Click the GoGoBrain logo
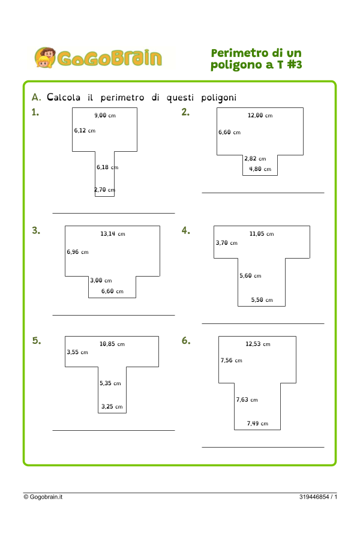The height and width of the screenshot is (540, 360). [x=98, y=58]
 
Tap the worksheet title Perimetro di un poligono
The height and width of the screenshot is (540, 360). [x=256, y=59]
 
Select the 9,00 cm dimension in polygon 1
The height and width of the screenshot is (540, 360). [x=105, y=115]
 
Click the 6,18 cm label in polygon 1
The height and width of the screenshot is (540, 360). [x=107, y=168]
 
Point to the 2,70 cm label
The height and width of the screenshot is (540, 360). [x=104, y=190]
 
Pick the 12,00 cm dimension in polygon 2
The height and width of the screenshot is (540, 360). [x=260, y=115]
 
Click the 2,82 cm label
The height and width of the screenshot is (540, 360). [x=255, y=159]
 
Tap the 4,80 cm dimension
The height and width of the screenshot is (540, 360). [x=260, y=169]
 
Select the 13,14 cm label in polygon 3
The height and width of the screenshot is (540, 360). [x=113, y=233]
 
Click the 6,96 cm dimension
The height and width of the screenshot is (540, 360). [x=77, y=252]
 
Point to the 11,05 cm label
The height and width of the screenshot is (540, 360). [x=262, y=233]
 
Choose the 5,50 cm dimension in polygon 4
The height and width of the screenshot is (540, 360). [x=262, y=299]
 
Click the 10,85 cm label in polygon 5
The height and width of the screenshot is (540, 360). [x=112, y=344]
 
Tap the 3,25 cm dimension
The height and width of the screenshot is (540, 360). [x=112, y=406]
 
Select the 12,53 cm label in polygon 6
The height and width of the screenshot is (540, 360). [x=258, y=344]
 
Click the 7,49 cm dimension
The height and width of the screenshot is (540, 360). [x=257, y=424]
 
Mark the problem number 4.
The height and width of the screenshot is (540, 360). [x=186, y=230]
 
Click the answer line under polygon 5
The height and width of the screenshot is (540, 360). [x=113, y=430]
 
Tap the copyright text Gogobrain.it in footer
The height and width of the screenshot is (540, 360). [x=43, y=497]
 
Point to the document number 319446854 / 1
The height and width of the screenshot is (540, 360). [x=318, y=497]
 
